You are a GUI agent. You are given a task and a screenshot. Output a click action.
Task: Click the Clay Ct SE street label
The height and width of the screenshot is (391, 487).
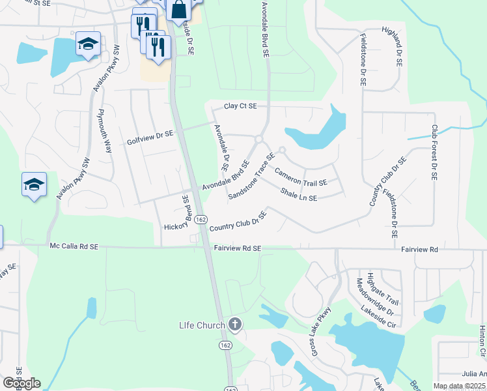click(240, 106)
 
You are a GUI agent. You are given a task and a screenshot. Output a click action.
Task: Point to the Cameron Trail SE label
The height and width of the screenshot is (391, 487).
click(301, 177)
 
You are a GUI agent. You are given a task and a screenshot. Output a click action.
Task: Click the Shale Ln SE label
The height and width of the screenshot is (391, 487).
click(299, 194)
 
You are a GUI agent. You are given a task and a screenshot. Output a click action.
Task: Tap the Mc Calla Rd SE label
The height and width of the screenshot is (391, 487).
click(74, 246)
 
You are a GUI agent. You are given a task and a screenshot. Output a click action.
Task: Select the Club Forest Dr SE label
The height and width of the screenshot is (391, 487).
click(434, 152)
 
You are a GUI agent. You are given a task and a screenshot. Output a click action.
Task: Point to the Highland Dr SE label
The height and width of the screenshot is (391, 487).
click(397, 51)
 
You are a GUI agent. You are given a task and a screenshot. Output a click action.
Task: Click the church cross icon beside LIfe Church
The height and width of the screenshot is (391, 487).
click(236, 325)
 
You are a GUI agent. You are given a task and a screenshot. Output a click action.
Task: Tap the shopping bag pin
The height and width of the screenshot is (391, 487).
click(178, 10)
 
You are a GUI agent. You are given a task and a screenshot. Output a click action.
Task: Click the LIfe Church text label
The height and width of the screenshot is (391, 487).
click(202, 325)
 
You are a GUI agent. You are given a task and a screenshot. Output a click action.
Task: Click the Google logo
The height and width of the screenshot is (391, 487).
click(21, 383)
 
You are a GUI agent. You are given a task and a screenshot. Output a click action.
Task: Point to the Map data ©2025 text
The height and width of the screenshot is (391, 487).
click(458, 386)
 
